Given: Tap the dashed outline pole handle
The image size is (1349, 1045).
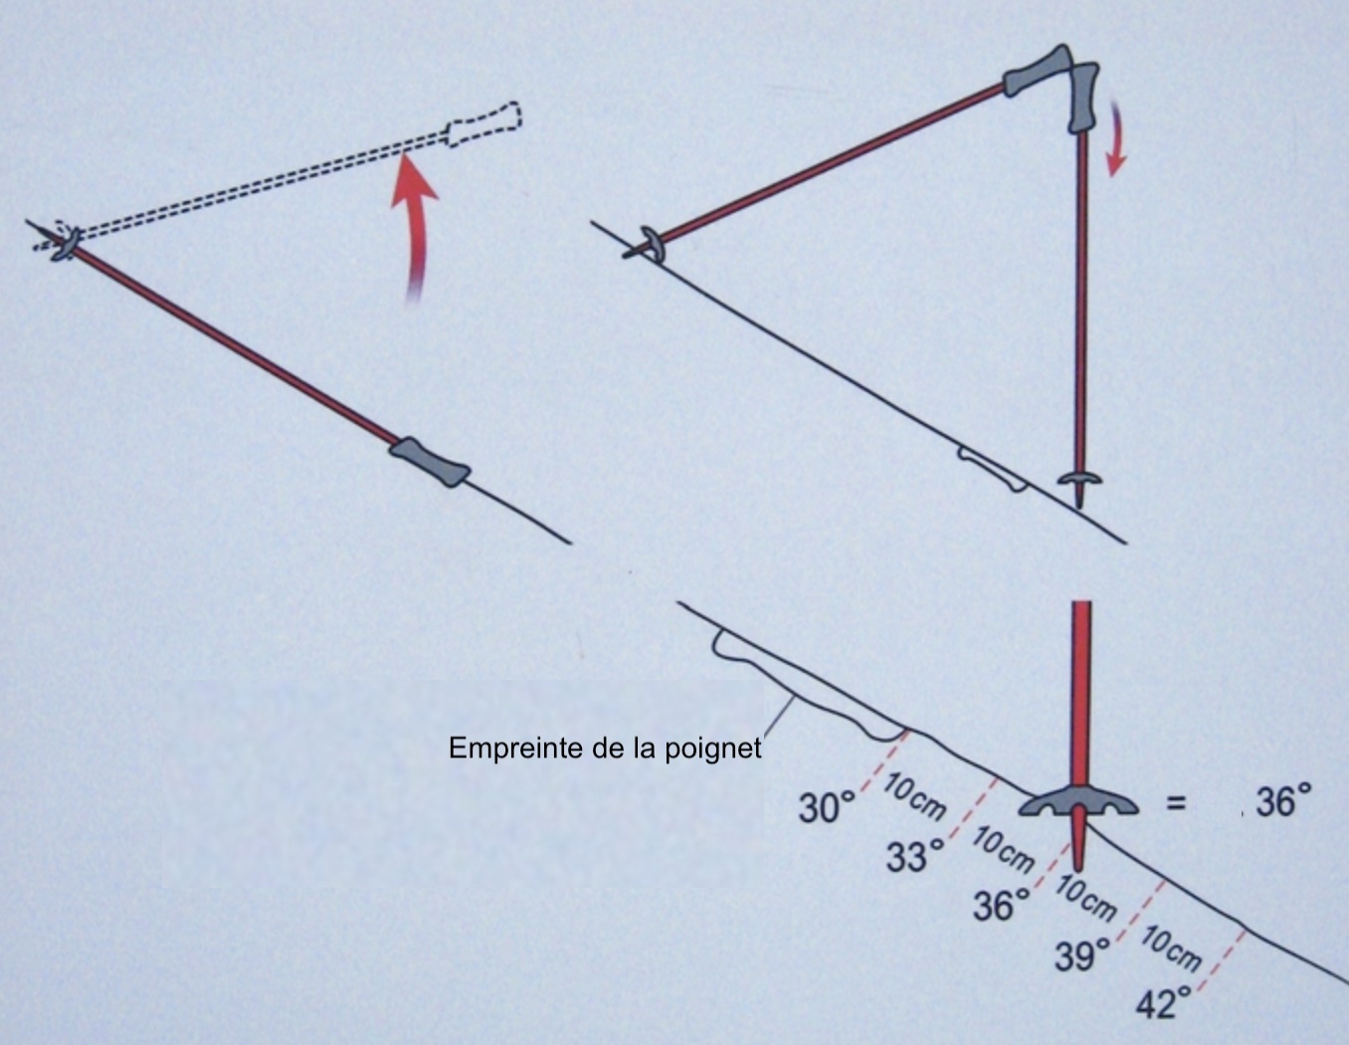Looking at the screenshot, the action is tap(483, 124).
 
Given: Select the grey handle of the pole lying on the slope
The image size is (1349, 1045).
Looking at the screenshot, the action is tap(430, 462).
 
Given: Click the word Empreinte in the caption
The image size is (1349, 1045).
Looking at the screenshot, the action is tap(517, 749).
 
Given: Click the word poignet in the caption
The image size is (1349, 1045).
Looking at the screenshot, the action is tap(713, 749).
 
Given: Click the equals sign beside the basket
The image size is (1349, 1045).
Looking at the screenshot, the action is tap(1176, 803).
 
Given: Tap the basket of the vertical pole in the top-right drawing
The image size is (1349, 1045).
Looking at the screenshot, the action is tap(1079, 478).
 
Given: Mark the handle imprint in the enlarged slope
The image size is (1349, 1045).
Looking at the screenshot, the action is tap(807, 691).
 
